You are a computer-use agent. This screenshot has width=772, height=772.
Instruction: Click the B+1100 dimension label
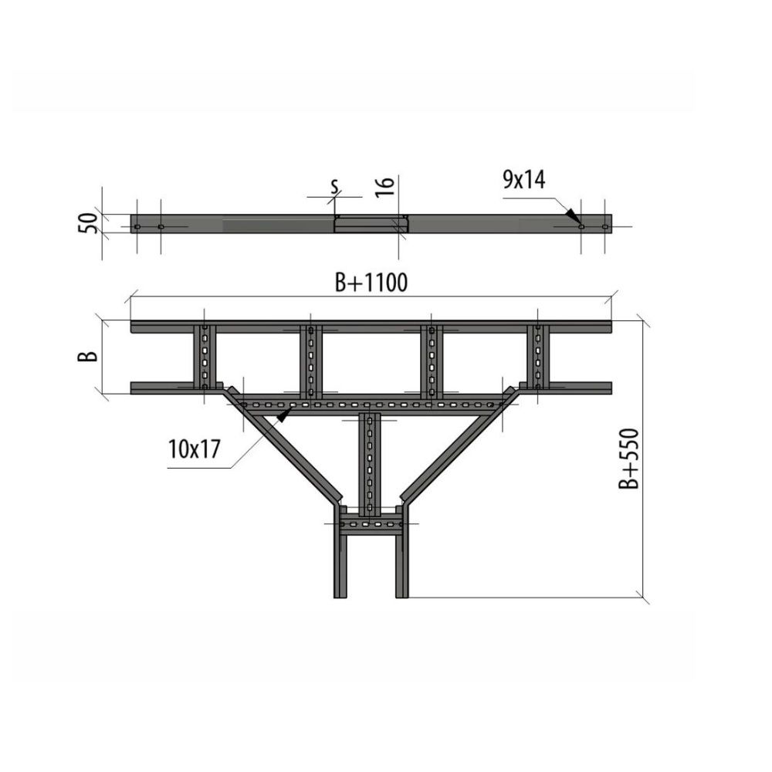tap(371, 283)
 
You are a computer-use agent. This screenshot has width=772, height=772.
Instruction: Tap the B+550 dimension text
tap(628, 459)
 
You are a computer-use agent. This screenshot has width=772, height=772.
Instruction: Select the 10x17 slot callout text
tap(194, 449)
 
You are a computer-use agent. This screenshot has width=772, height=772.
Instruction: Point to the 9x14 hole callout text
tap(524, 180)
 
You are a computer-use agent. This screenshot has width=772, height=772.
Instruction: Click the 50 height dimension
tap(88, 223)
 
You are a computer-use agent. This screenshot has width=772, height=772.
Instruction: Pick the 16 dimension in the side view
tap(384, 187)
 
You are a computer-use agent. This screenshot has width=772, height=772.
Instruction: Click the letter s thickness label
tap(335, 186)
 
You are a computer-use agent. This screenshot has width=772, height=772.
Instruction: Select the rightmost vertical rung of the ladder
tap(537, 357)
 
